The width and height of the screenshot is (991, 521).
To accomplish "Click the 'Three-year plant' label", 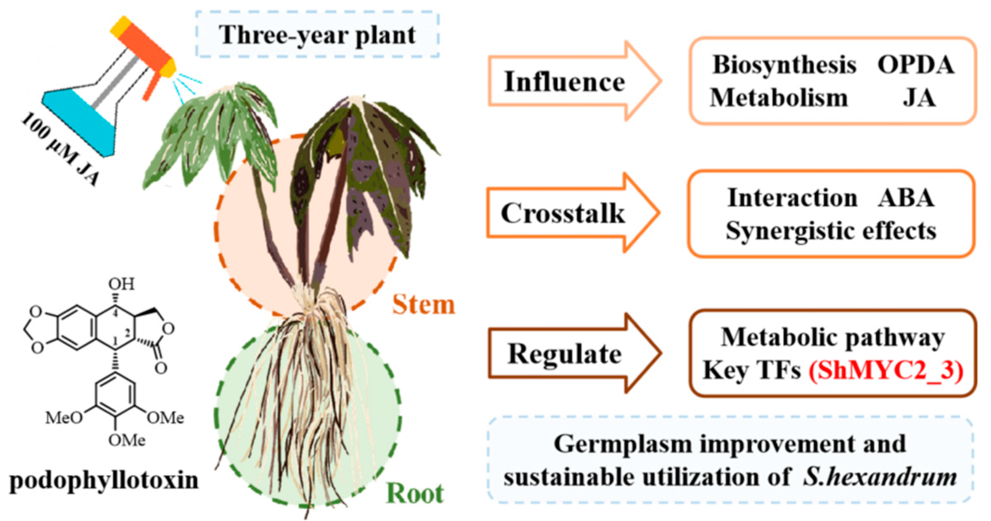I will (317, 34).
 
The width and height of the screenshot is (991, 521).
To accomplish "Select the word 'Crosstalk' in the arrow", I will (562, 213).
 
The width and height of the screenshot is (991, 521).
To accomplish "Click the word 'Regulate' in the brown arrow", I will (564, 354).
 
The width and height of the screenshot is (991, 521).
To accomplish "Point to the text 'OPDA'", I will (915, 65).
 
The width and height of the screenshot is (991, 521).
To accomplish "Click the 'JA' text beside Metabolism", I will (919, 98).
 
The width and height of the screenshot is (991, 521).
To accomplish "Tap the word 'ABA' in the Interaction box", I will (906, 197).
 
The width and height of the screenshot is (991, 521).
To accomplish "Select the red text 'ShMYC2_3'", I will (886, 371).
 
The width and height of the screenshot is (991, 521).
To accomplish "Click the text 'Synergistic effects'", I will (831, 231).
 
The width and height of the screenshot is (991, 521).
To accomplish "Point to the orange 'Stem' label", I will (423, 305).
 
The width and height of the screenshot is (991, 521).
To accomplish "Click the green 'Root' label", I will (414, 493).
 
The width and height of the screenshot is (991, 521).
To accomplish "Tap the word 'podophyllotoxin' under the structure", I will (104, 480).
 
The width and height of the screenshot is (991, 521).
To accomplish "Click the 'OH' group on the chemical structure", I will (121, 284).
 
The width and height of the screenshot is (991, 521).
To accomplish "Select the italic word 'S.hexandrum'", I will (879, 477).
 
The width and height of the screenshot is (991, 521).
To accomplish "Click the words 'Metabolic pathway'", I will (833, 337).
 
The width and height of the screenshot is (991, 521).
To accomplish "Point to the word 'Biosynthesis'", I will (784, 65).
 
